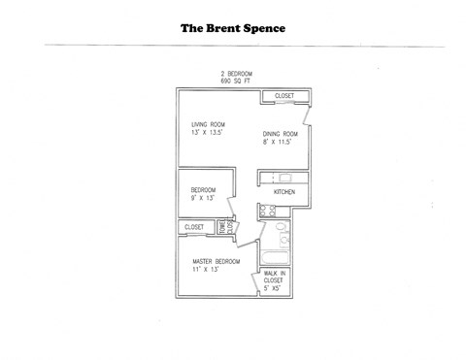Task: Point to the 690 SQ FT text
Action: click(x=236, y=82)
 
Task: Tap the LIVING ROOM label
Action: click(x=209, y=125)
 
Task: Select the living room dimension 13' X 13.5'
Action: click(x=207, y=133)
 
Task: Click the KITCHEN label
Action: click(x=283, y=192)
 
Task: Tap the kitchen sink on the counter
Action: click(x=283, y=178)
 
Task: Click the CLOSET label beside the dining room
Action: click(x=284, y=96)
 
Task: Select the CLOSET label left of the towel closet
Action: click(x=194, y=227)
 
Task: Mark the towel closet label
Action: click(x=222, y=228)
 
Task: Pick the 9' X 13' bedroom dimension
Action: click(x=202, y=197)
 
